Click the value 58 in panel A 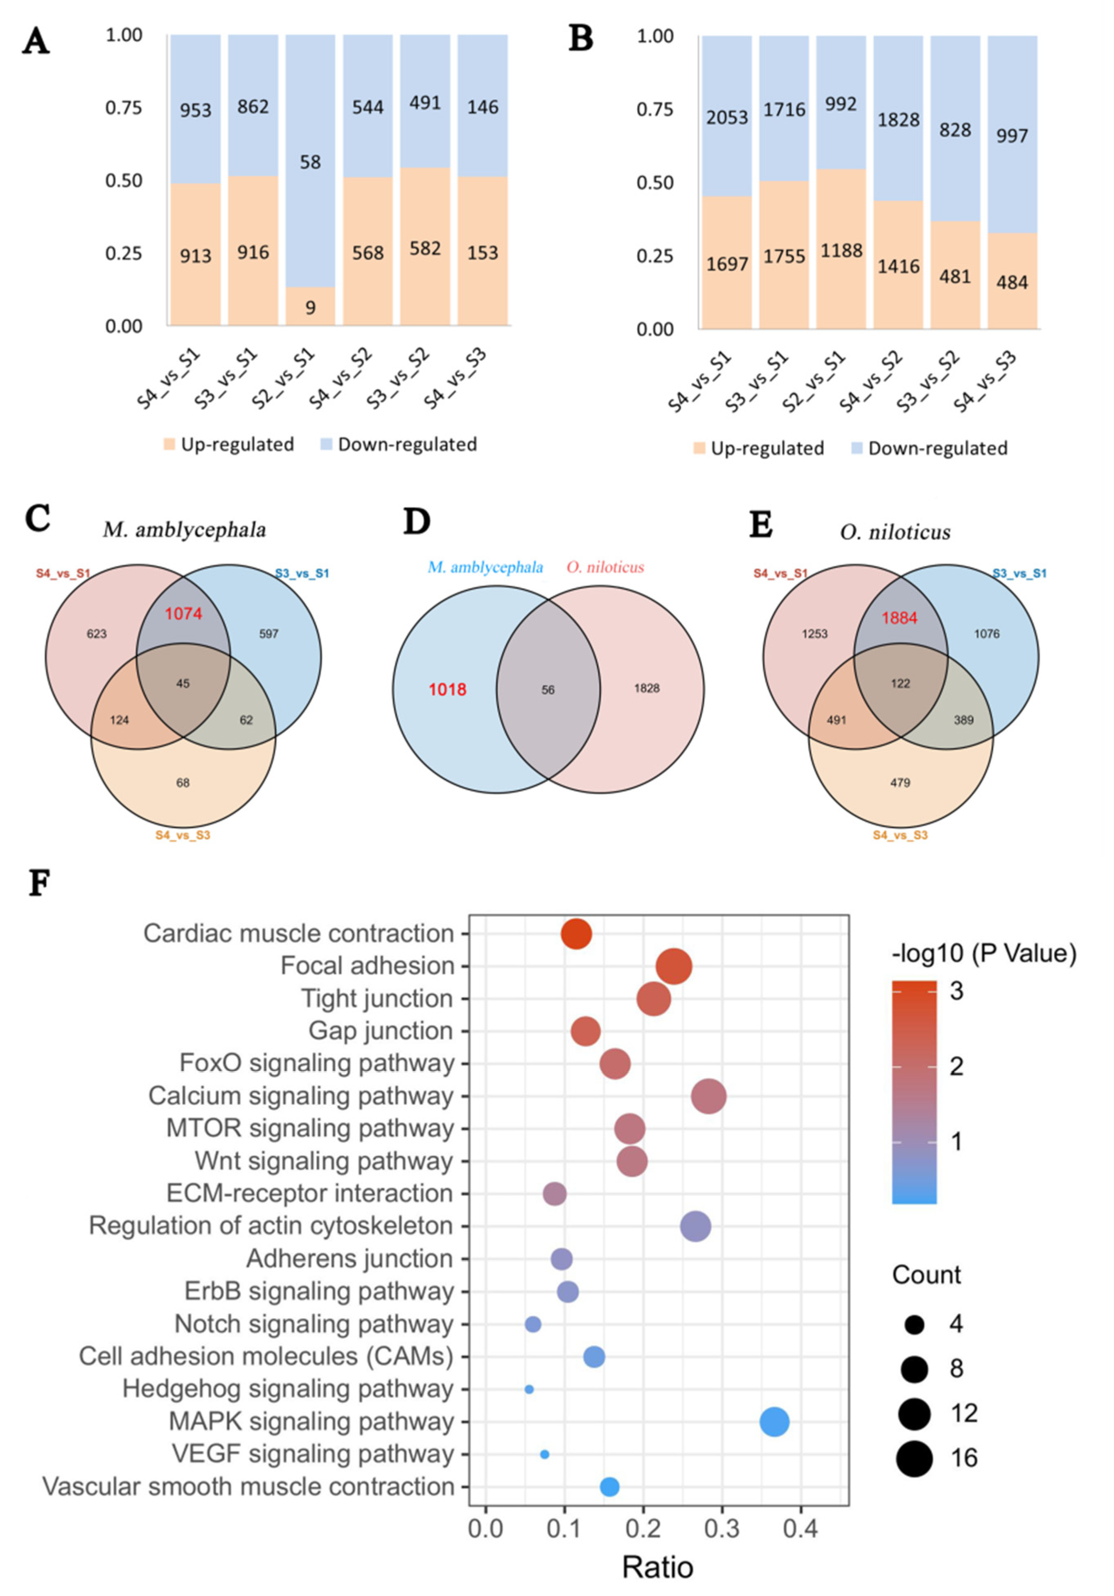pyautogui.click(x=310, y=162)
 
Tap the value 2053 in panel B pyautogui.click(x=727, y=117)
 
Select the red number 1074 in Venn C pyautogui.click(x=184, y=614)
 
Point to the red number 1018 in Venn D pyautogui.click(x=447, y=689)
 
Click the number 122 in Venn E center pyautogui.click(x=900, y=683)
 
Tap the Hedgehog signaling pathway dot pyautogui.click(x=529, y=1389)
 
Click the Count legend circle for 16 pyautogui.click(x=914, y=1458)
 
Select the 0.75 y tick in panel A pyautogui.click(x=123, y=108)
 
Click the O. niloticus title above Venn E pyautogui.click(x=895, y=532)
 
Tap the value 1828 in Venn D pyautogui.click(x=646, y=688)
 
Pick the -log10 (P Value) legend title pyautogui.click(x=984, y=954)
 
